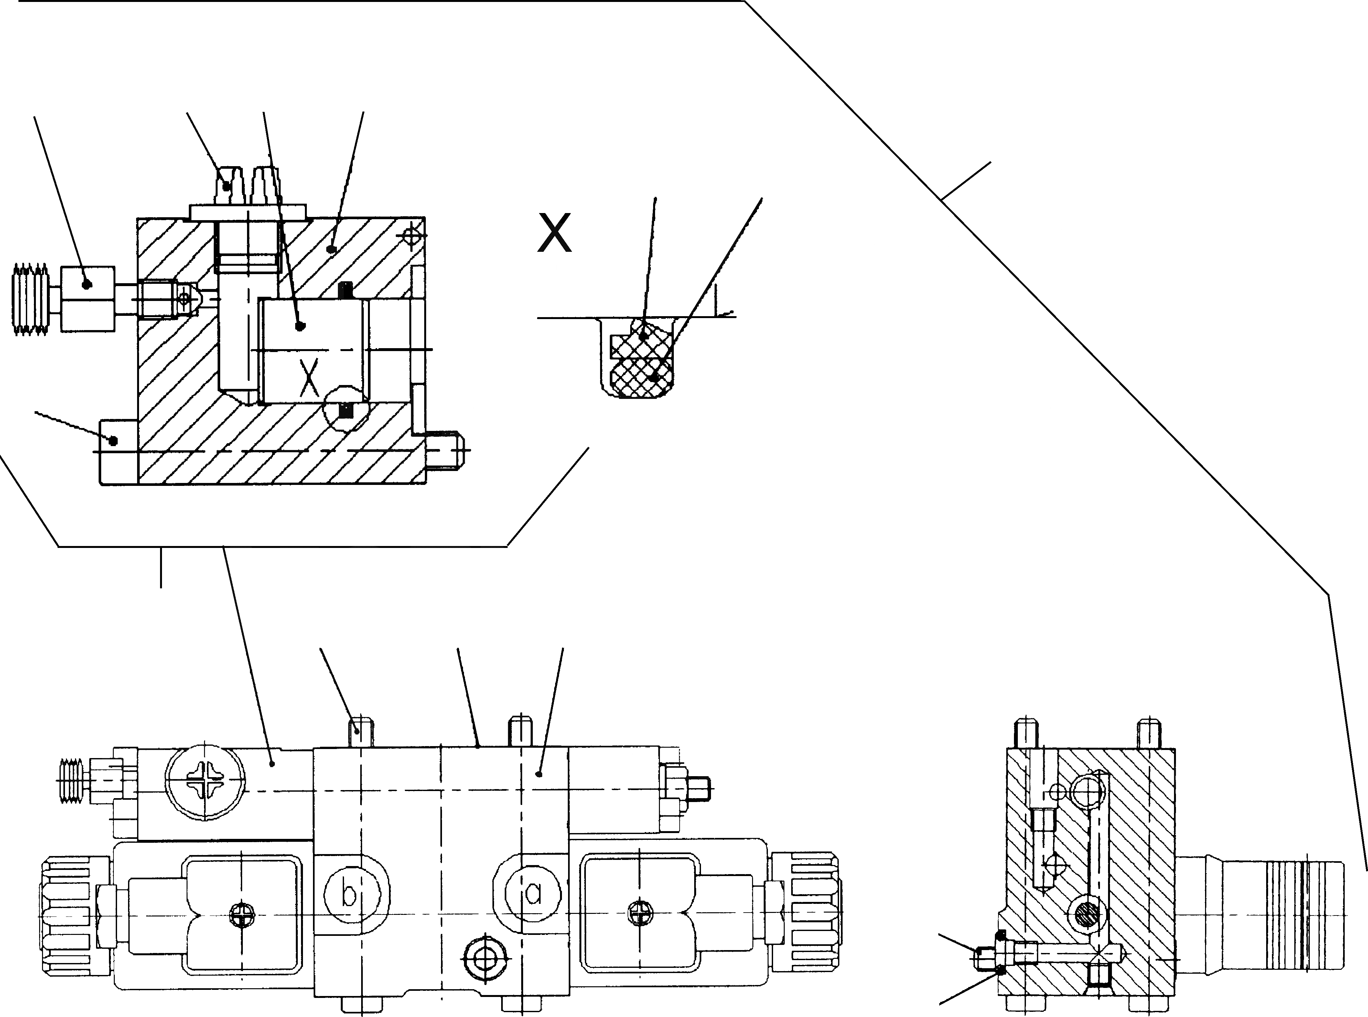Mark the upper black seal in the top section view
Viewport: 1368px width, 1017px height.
(x=347, y=289)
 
